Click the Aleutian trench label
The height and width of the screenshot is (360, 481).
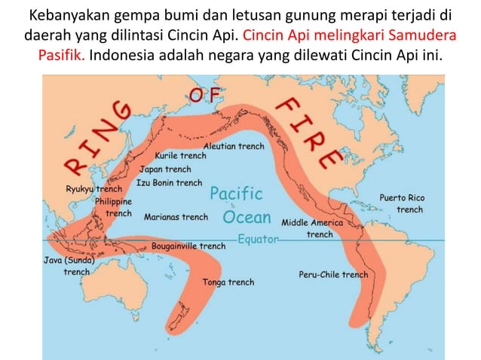(234, 145)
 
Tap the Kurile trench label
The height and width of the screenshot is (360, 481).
(180, 156)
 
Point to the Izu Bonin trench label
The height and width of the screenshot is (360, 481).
(169, 182)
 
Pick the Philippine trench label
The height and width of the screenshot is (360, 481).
(113, 207)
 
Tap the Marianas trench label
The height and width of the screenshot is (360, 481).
(176, 217)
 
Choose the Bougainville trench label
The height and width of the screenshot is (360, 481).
(188, 246)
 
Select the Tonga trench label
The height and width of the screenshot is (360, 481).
(228, 282)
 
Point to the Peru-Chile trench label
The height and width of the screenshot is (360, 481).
(333, 274)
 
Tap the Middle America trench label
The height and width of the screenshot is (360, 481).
(312, 228)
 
